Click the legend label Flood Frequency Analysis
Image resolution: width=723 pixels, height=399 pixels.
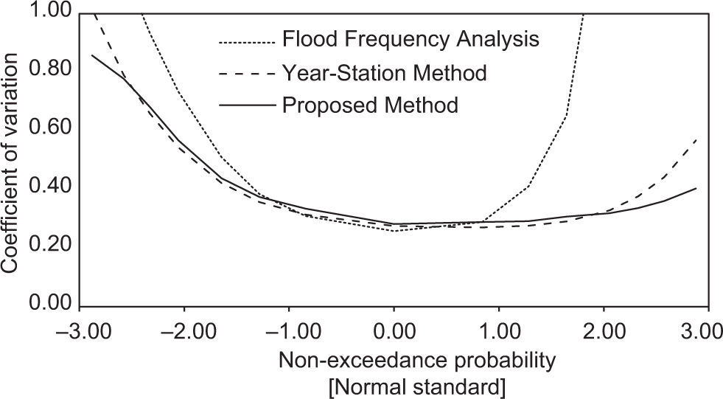[x=411, y=39]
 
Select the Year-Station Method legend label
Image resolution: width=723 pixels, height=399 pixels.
[x=384, y=72]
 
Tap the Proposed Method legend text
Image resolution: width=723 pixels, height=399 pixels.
[x=370, y=105]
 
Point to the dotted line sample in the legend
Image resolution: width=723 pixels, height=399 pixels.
[x=248, y=41]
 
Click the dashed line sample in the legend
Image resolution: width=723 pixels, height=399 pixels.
[x=248, y=73]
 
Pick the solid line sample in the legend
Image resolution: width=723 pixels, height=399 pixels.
[x=248, y=105]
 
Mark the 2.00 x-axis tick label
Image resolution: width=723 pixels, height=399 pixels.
[x=604, y=327]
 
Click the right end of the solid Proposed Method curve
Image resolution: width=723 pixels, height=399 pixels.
[x=696, y=188]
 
